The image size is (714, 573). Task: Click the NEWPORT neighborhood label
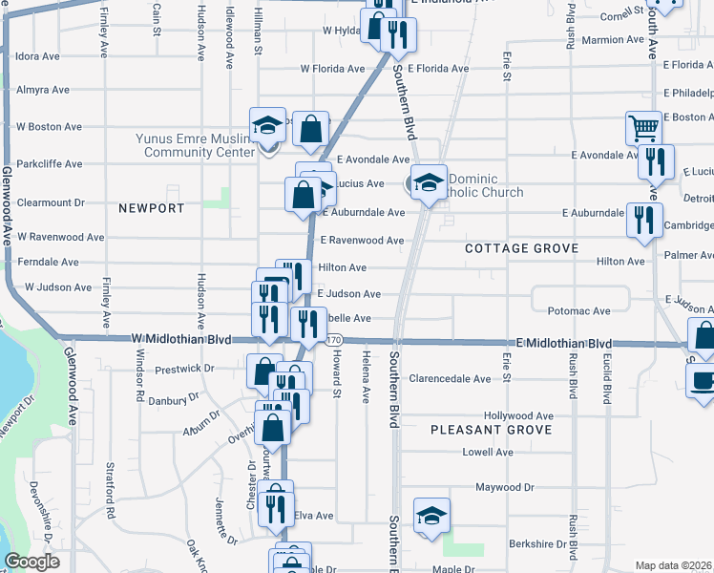(151, 207)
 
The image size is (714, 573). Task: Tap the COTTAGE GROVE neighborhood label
(521, 248)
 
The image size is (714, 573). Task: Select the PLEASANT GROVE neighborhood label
(491, 430)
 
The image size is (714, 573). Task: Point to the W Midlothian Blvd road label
(182, 339)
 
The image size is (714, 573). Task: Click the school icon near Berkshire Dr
(431, 516)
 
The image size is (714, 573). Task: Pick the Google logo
(31, 562)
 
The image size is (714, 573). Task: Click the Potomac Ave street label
(578, 311)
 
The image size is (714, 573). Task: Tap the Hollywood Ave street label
(518, 416)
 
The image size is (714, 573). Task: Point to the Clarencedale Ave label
(450, 379)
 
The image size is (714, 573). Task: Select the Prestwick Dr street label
(184, 368)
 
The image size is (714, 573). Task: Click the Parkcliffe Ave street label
(41, 161)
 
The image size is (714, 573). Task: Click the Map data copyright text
(674, 565)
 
